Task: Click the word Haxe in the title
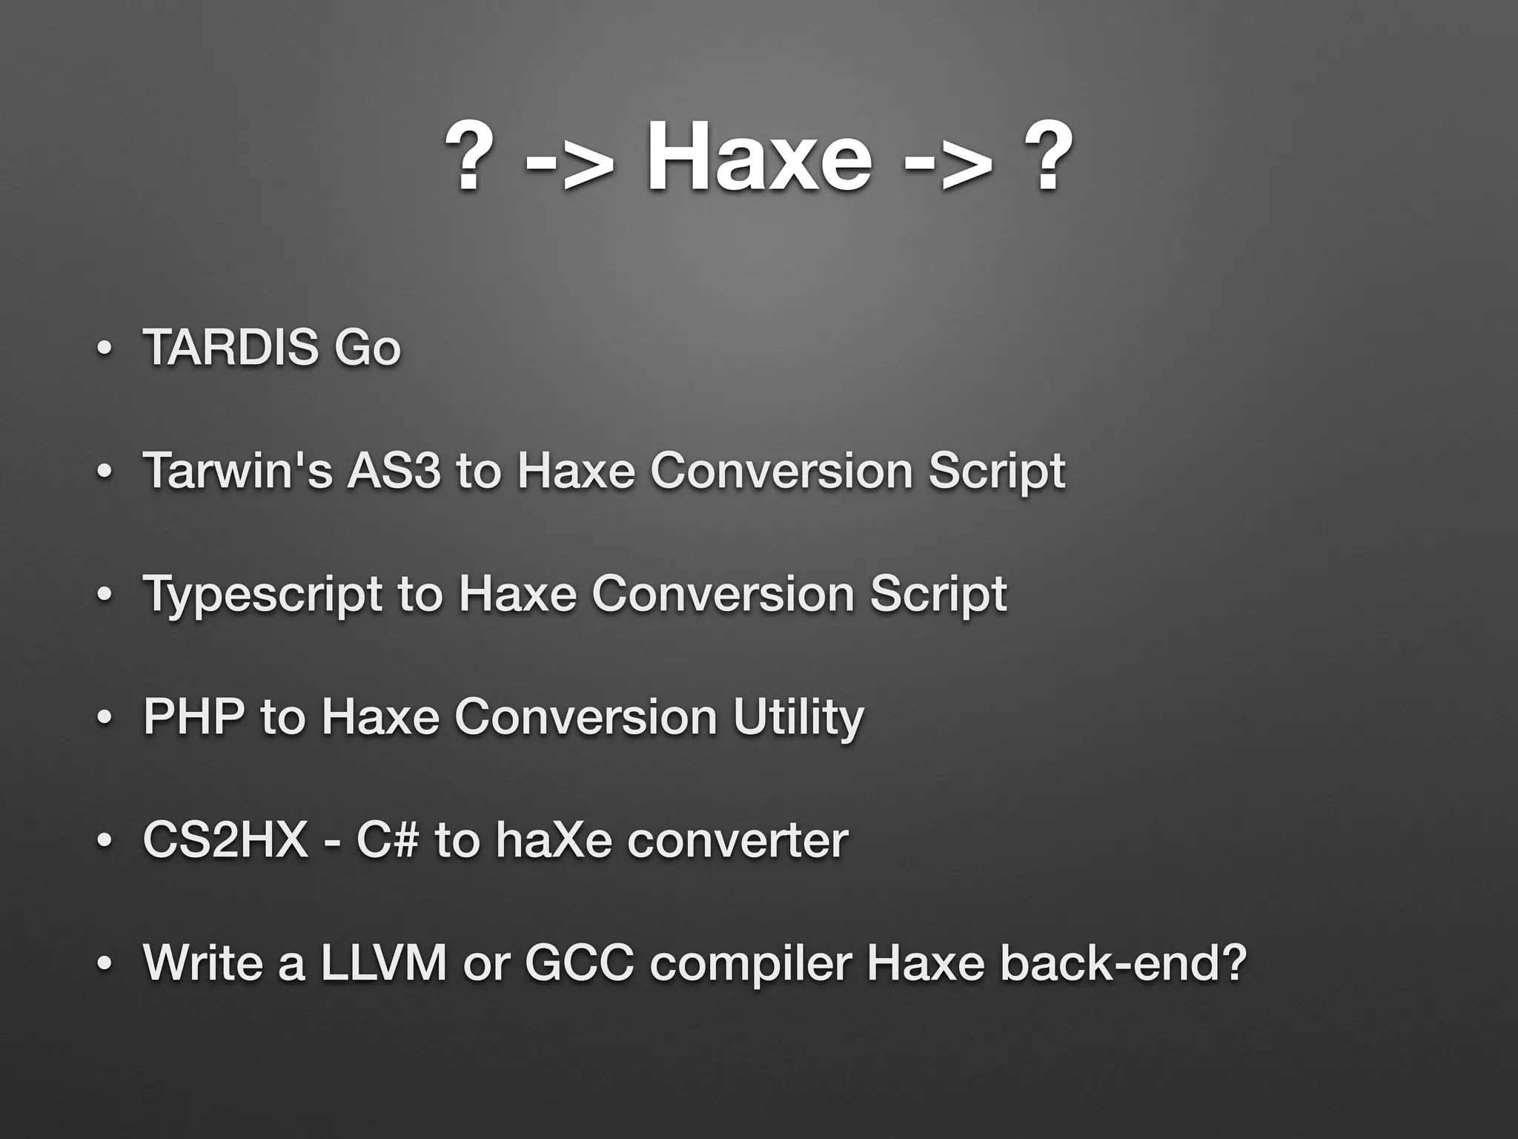tap(759, 158)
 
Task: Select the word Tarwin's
tap(238, 470)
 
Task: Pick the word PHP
tap(193, 716)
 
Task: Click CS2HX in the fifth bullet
tap(225, 839)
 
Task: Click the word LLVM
tap(384, 963)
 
